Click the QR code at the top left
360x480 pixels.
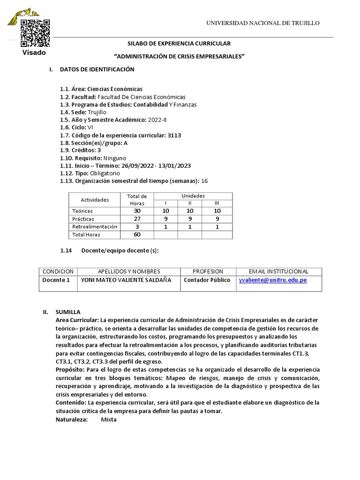pyautogui.click(x=34, y=33)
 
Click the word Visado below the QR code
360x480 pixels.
pyautogui.click(x=34, y=52)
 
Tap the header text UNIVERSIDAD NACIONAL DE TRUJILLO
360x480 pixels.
pyautogui.click(x=263, y=23)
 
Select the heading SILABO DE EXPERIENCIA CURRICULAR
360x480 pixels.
pyautogui.click(x=180, y=44)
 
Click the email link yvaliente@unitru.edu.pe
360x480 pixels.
pyautogui.click(x=273, y=280)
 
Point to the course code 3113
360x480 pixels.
pyautogui.click(x=174, y=135)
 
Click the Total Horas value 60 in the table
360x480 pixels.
pyautogui.click(x=137, y=234)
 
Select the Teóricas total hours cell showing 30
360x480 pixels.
pyautogui.click(x=137, y=211)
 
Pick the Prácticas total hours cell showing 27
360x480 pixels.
pyautogui.click(x=137, y=219)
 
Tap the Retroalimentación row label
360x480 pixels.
pyautogui.click(x=95, y=226)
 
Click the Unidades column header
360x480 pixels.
pyautogui.click(x=193, y=195)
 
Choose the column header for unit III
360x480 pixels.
pyautogui.click(x=217, y=203)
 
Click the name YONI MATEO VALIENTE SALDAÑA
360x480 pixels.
pyautogui.click(x=126, y=280)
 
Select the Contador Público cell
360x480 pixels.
pyautogui.click(x=207, y=280)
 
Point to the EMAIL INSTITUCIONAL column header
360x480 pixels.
pyautogui.click(x=278, y=271)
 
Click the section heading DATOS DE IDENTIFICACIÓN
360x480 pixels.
pyautogui.click(x=97, y=69)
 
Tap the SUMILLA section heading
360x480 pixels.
pyautogui.click(x=68, y=312)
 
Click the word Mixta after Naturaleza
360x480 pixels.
pyautogui.click(x=109, y=420)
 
